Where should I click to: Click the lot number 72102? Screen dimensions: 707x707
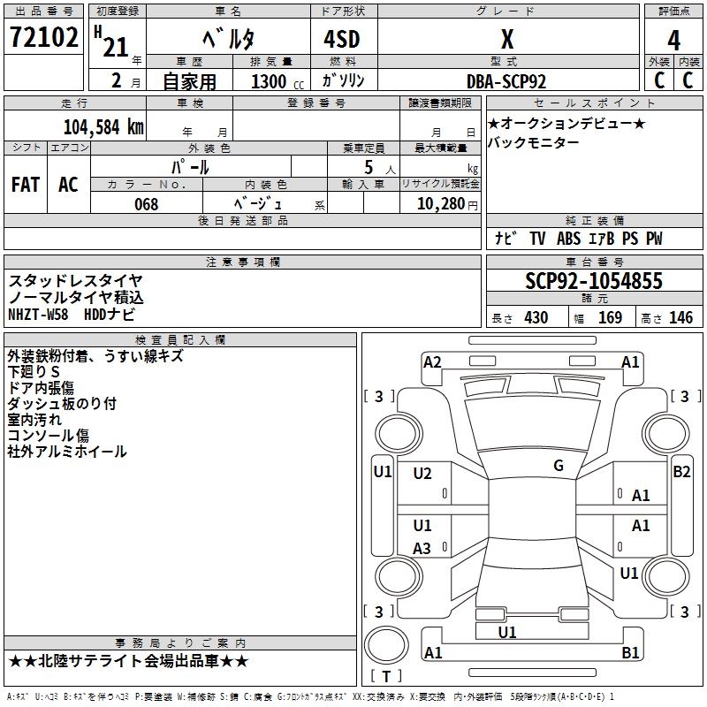[x=43, y=39]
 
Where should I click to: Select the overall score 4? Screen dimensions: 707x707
[x=674, y=40]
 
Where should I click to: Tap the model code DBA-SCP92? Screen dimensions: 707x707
[x=506, y=81]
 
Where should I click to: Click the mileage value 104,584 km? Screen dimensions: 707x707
[x=103, y=126]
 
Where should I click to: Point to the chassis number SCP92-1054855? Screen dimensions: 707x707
[x=594, y=281]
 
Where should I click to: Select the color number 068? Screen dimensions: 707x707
[x=146, y=204]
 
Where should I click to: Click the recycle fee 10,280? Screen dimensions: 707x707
[x=438, y=204]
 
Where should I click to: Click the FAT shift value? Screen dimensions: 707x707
[x=26, y=184]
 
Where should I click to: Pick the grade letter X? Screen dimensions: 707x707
[x=506, y=40]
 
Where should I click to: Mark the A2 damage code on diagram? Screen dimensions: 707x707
[x=432, y=361]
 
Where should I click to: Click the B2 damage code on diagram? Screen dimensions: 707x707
[x=681, y=471]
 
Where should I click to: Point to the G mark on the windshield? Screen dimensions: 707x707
[x=559, y=466]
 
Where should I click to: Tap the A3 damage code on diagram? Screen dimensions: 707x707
[x=422, y=549]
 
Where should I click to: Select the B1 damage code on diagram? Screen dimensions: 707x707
[x=631, y=653]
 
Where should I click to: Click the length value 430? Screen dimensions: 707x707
[x=536, y=317]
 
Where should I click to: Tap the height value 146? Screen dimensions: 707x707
[x=681, y=317]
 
